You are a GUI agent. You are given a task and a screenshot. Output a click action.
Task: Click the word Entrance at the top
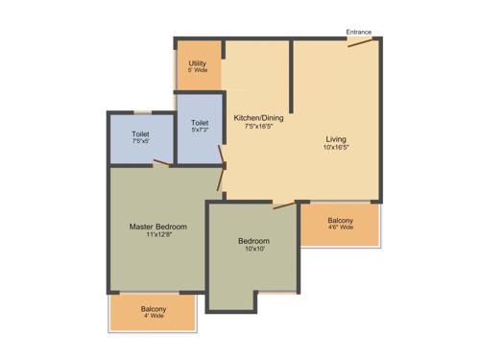coord(359,32)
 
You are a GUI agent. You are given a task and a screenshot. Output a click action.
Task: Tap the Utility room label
coord(198,63)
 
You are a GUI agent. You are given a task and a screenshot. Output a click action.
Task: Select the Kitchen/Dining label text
coord(259,118)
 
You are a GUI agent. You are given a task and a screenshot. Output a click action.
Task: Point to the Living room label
coord(335,138)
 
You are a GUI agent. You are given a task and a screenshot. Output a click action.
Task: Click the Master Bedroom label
coord(158,227)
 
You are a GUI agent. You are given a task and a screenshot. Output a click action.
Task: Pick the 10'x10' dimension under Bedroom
coord(254,250)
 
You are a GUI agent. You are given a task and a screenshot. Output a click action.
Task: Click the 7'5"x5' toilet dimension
coord(140,141)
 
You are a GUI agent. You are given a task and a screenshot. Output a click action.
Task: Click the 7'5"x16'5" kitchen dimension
coord(259,127)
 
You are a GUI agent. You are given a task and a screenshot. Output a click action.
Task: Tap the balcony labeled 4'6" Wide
coord(340,224)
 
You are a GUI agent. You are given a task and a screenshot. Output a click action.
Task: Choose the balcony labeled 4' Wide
coord(154,312)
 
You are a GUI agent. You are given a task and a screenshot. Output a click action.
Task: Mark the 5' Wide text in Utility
coord(198,72)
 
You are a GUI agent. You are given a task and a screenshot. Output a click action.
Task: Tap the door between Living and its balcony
coord(285,204)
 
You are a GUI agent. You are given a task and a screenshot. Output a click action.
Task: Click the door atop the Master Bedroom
coord(160,164)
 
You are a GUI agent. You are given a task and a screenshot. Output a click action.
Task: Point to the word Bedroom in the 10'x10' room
coord(254,241)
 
